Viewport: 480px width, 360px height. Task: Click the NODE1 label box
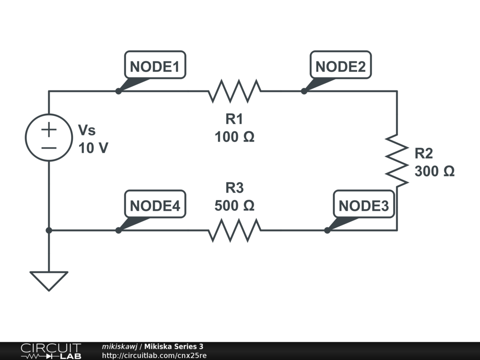coord(155,65)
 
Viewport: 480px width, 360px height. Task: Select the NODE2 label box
coord(340,65)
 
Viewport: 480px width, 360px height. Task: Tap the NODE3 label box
coord(364,204)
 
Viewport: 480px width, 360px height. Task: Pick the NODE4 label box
coord(155,204)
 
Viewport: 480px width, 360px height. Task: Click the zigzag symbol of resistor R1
coord(234,91)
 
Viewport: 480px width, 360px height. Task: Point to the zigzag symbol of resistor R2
coord(397,160)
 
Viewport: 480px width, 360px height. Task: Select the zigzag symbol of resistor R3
coord(234,230)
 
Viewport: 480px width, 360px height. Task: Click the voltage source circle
coord(49,137)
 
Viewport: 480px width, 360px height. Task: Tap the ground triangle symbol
coord(49,281)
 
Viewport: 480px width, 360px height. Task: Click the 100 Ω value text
coord(234,137)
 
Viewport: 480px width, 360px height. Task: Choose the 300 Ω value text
coord(435,171)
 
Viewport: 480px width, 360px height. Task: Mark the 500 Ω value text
coord(234,205)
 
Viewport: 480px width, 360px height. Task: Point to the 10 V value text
coord(93,148)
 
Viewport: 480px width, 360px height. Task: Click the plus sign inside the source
coord(49,129)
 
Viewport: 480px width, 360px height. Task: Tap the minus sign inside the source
coord(49,148)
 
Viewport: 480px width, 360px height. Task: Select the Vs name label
coord(87,130)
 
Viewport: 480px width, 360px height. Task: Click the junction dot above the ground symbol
coord(49,230)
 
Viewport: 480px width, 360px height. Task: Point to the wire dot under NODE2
coord(304,91)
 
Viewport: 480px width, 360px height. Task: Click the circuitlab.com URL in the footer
coord(154,355)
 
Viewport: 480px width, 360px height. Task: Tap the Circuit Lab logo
coord(51,351)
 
